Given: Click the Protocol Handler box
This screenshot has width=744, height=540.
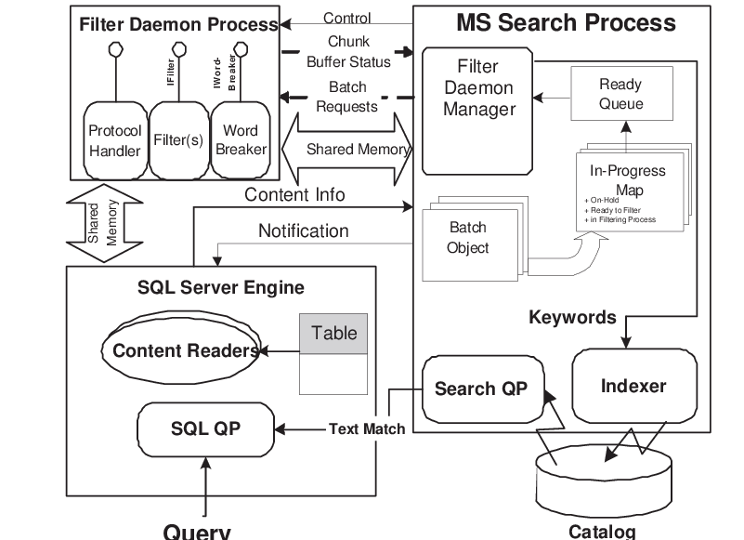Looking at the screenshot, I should tap(114, 140).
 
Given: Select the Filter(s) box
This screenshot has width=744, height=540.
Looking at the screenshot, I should tap(177, 140).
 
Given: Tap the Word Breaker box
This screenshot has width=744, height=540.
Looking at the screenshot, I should tap(241, 140).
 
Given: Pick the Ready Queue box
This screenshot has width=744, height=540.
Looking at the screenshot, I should tap(620, 94).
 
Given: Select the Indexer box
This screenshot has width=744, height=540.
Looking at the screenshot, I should tap(633, 385).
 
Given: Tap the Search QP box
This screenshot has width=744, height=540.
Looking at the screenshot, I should tap(480, 389).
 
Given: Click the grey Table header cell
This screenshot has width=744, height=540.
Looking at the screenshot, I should tap(333, 334).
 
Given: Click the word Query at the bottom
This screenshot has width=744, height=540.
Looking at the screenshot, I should tap(196, 531).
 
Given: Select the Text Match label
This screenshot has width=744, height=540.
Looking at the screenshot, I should tap(367, 428).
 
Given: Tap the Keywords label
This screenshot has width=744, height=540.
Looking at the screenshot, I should tap(572, 317).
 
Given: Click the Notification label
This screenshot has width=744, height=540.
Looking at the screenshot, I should tap(303, 230).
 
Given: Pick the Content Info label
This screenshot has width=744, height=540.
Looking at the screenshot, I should tap(294, 194).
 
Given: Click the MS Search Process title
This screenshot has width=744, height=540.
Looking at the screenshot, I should tap(565, 21).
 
